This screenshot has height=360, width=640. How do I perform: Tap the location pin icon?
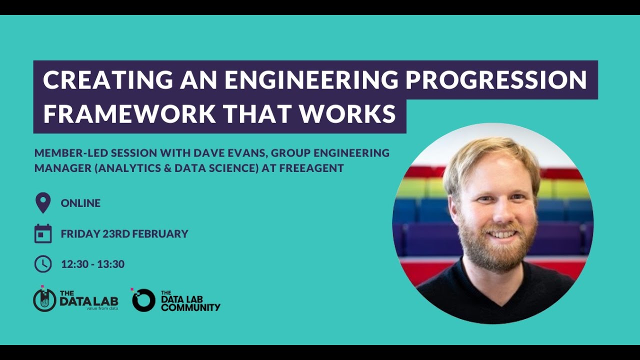[43, 203]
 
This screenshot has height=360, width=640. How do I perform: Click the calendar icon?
[43, 233]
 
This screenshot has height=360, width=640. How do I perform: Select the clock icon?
[43, 264]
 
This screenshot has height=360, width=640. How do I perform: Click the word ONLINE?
[80, 203]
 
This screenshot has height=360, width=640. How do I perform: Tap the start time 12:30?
[74, 264]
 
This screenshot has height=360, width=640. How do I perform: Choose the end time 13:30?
[111, 264]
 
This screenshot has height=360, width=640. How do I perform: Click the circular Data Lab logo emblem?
[44, 300]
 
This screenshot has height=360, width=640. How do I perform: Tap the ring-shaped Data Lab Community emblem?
[143, 300]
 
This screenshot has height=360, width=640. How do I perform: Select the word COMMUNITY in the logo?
[190, 307]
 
